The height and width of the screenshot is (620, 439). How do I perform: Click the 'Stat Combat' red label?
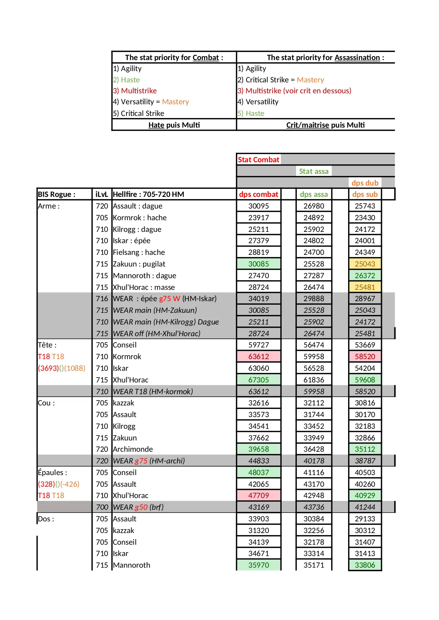pyautogui.click(x=258, y=160)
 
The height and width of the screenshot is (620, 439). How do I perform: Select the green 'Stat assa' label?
pyautogui.click(x=313, y=171)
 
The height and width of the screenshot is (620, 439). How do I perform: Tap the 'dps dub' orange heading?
pyautogui.click(x=365, y=183)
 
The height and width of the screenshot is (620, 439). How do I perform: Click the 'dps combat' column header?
pyautogui.click(x=259, y=194)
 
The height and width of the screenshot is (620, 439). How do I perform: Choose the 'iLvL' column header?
pyautogui.click(x=102, y=194)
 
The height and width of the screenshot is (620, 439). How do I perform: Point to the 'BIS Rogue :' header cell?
pyautogui.click(x=57, y=194)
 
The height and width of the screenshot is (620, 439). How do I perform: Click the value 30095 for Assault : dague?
pyautogui.click(x=259, y=206)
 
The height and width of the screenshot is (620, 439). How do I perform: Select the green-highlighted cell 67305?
pyautogui.click(x=259, y=380)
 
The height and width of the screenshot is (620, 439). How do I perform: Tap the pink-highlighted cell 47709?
pyautogui.click(x=259, y=496)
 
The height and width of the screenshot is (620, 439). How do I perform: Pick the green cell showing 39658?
pyautogui.click(x=259, y=449)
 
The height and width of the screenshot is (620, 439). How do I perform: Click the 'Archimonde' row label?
pyautogui.click(x=133, y=449)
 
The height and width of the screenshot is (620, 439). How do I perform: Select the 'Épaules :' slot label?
pyautogui.click(x=52, y=473)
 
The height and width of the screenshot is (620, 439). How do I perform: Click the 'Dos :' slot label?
pyautogui.click(x=46, y=519)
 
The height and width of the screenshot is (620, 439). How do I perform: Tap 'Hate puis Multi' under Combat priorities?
pyautogui.click(x=174, y=125)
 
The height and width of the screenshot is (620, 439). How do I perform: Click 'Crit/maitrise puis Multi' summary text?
pyautogui.click(x=325, y=125)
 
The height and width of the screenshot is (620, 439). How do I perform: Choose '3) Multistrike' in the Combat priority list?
pyautogui.click(x=135, y=91)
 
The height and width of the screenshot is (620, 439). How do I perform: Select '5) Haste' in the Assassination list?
pyautogui.click(x=251, y=113)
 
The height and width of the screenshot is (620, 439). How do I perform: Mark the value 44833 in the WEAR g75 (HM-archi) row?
pyautogui.click(x=259, y=461)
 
